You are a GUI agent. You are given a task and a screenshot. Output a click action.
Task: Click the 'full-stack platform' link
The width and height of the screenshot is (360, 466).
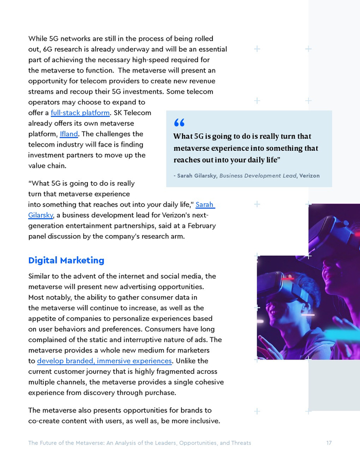coord(80,113)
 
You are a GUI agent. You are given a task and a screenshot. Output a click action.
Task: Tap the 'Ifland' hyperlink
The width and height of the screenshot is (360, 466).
coord(68,134)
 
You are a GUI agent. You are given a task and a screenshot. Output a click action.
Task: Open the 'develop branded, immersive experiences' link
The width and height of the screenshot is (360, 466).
coord(104,361)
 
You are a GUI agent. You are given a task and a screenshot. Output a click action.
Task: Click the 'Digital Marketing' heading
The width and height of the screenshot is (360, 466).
coord(66,260)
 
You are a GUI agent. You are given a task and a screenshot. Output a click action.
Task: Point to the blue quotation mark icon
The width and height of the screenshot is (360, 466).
coord(179,122)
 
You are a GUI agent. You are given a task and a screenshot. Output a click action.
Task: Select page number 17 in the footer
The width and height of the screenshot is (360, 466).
coord(329,443)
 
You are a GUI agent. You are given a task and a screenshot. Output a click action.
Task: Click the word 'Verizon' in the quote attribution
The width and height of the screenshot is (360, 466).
coord(309,175)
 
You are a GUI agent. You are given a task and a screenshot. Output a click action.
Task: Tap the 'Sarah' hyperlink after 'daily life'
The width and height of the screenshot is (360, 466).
coord(205,205)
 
